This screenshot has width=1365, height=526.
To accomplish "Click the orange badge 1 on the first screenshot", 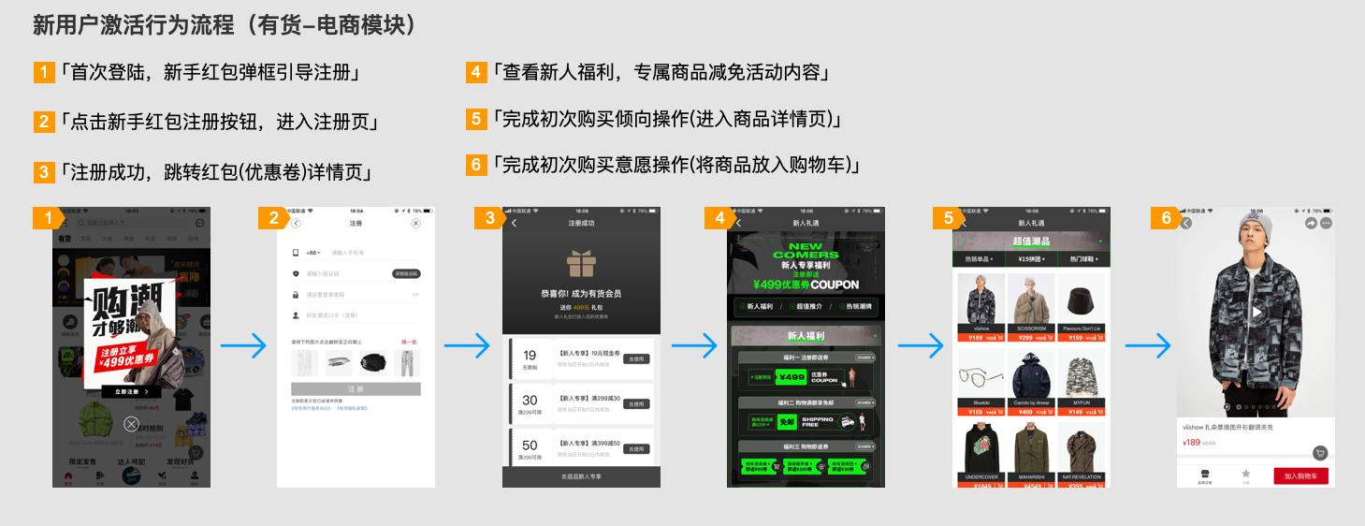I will tap(45, 218).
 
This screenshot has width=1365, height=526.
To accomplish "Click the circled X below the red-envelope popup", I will tap(132, 424).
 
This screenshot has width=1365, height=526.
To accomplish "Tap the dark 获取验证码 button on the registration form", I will tap(405, 273).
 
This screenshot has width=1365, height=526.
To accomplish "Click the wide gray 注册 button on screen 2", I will tap(356, 388).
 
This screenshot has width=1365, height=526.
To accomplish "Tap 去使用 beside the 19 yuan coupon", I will tap(636, 359).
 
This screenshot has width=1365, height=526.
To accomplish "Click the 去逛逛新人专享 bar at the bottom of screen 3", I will tap(581, 476).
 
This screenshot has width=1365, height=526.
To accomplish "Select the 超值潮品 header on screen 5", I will tap(1031, 241).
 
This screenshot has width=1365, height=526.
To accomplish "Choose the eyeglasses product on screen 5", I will tap(980, 375).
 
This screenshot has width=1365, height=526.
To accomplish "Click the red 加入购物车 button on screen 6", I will tap(1300, 475).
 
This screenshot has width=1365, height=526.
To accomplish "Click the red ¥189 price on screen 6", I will tap(1191, 443).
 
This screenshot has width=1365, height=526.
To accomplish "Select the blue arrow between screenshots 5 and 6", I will tap(1147, 346).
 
